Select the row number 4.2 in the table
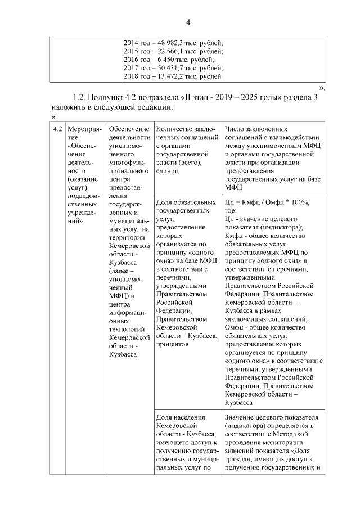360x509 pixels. click(56, 129)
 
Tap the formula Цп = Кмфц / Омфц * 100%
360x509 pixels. click(267, 202)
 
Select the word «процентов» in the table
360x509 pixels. click(172, 343)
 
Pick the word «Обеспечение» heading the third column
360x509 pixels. click(129, 129)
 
